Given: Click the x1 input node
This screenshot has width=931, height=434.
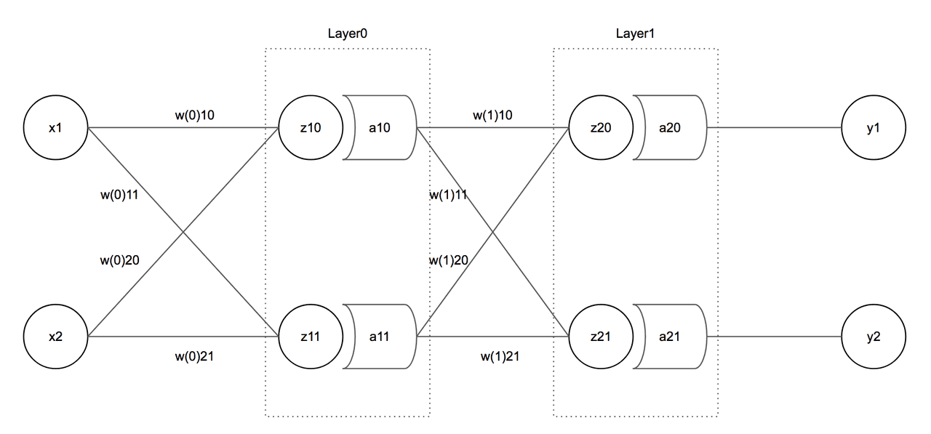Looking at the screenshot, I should click(55, 128).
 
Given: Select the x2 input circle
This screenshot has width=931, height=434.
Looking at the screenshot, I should click(55, 337).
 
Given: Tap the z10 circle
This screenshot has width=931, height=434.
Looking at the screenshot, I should click(311, 128).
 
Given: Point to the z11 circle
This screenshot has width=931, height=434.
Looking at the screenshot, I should click(311, 337).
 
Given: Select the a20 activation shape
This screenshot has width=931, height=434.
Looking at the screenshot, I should click(671, 128).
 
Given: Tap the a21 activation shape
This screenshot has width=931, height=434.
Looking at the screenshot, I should click(671, 337).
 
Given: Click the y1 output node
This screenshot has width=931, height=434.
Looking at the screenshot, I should click(874, 128).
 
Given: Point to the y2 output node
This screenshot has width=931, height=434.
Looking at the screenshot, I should click(874, 337).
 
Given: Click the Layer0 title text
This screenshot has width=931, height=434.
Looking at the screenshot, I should click(348, 34).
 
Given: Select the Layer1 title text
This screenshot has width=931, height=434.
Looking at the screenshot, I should click(636, 34).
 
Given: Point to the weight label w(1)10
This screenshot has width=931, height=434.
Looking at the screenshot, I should click(493, 114).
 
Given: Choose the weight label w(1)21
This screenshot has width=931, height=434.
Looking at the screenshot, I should click(500, 356).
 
